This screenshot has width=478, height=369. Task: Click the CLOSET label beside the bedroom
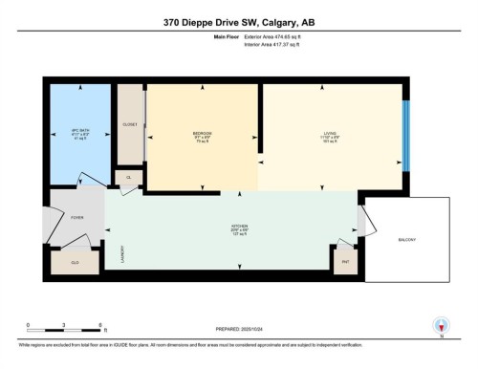tap(130, 124)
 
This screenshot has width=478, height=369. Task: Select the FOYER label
tap(76, 218)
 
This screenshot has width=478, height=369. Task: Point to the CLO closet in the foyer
tap(75, 261)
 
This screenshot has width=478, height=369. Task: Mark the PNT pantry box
tap(344, 257)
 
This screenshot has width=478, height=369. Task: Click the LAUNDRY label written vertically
tap(122, 254)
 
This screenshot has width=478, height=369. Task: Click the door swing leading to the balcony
tap(359, 222)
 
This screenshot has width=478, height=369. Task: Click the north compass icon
tap(442, 325)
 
